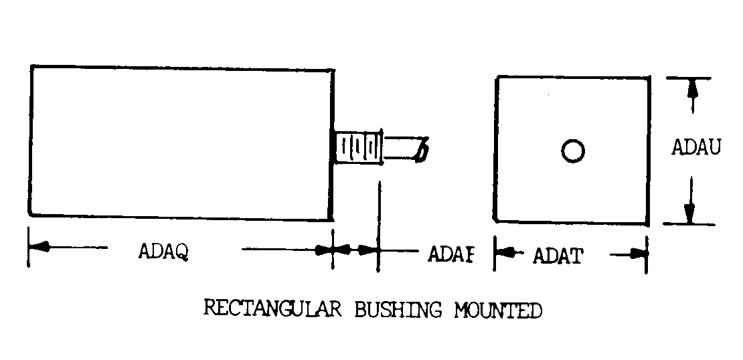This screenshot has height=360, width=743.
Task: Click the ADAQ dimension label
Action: tap(163, 253)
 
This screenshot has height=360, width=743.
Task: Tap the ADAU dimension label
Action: tap(696, 148)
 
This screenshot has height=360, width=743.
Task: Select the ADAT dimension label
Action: tap(558, 256)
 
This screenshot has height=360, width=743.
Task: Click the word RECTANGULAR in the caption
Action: tap(272, 309)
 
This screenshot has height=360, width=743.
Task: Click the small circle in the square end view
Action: tap(572, 151)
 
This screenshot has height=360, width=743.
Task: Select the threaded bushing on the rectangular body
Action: tap(358, 147)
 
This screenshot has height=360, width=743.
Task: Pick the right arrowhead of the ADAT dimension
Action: tap(639, 254)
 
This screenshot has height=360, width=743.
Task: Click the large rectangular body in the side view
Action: tap(181, 141)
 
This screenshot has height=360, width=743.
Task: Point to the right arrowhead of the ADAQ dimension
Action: tap(325, 250)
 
